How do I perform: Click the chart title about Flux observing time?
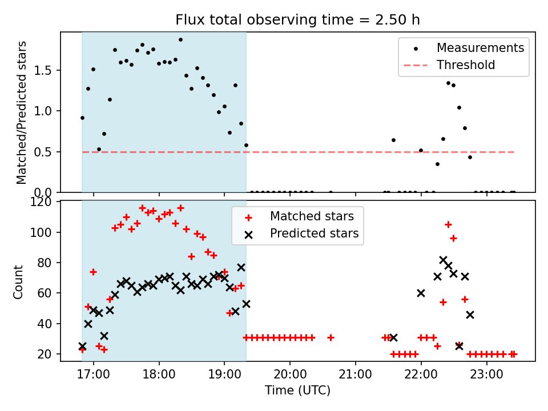click(297, 20)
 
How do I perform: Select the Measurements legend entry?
click(480, 48)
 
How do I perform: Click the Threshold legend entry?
click(466, 65)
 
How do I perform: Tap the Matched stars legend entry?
click(312, 216)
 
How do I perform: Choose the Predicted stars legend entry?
click(314, 233)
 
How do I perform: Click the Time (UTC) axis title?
click(297, 391)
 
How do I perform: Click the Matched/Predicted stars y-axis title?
click(22, 112)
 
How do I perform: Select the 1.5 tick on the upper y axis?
click(48, 70)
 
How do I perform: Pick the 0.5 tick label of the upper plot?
click(48, 152)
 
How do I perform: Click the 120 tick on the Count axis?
click(45, 202)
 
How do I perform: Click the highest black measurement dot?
click(180, 40)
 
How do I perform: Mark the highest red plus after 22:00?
click(448, 224)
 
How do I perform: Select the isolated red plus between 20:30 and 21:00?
click(331, 337)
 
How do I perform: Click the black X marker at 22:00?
click(421, 293)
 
